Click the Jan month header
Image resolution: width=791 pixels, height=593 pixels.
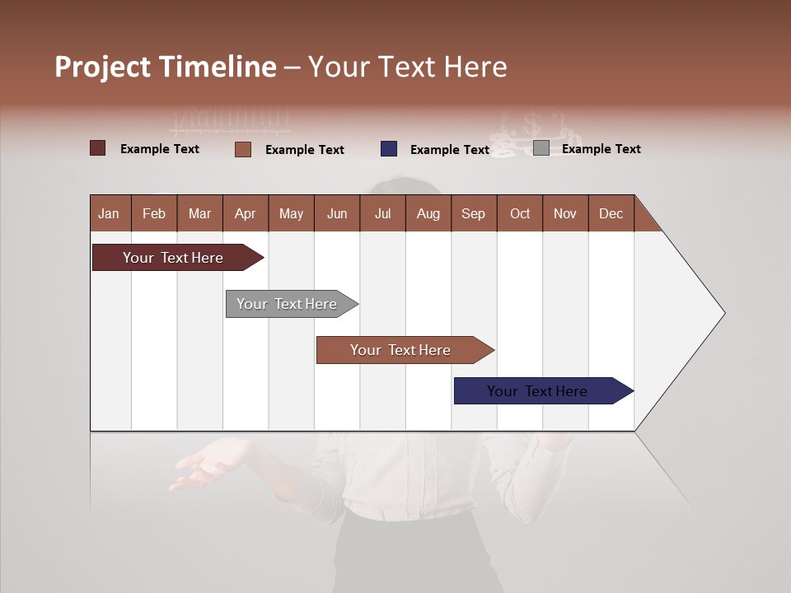[109, 213]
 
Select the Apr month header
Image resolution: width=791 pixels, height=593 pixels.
[245, 213]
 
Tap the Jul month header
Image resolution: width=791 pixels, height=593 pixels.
[382, 213]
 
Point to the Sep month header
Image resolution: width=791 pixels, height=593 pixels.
[473, 213]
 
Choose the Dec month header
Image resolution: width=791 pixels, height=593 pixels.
[611, 213]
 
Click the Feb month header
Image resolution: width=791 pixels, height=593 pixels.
[154, 213]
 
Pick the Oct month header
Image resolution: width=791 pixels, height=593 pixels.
[520, 213]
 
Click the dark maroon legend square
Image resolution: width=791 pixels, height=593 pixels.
[98, 148]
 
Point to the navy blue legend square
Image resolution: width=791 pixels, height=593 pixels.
[389, 148]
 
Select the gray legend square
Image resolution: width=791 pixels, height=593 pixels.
[541, 148]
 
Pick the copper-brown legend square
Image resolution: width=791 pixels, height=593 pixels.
[243, 149]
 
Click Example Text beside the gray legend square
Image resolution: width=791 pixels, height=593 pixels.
[601, 149]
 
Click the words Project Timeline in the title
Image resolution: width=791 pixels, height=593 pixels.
[166, 67]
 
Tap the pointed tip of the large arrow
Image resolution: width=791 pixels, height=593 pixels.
[723, 313]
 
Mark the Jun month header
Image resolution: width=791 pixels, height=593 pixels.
[336, 213]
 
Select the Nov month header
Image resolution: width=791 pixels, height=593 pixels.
[565, 213]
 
